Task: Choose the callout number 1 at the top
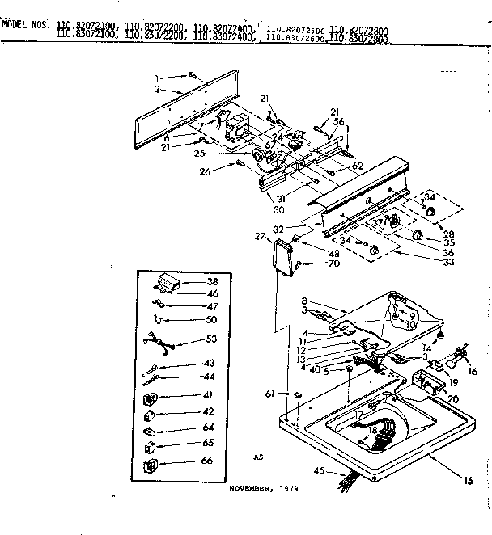pyautogui.click(x=157, y=78)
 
